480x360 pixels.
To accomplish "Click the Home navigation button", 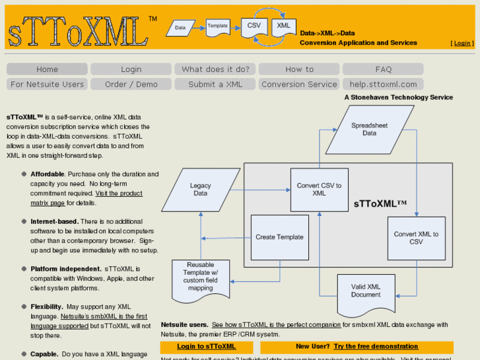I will pos(47,69).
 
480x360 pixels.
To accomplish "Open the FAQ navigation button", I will pos(383,69).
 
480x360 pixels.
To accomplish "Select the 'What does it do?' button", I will pos(215,69).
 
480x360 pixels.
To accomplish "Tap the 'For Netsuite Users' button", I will pos(47,85).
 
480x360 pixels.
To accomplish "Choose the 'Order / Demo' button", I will pos(131,85).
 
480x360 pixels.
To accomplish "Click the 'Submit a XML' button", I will pos(215,85).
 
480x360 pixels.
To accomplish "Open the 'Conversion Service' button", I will pos(299,85).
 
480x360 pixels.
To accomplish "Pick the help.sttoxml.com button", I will pos(383,85).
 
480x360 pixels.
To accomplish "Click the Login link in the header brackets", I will pos(462,43).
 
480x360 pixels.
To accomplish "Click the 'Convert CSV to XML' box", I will pos(319,190).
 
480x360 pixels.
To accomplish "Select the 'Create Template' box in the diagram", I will pos(279,237).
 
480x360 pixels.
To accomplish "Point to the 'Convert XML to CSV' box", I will pos(416,238).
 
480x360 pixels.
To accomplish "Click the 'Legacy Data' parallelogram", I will pos(200,190).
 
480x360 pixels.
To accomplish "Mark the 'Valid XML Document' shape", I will pos(366,291).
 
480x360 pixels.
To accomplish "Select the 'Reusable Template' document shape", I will pos(201,278).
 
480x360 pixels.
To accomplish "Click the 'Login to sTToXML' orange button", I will pos(206,346).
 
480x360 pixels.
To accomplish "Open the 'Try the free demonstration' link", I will pos(376,346).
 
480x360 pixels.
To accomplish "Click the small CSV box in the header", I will pos(254,26).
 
